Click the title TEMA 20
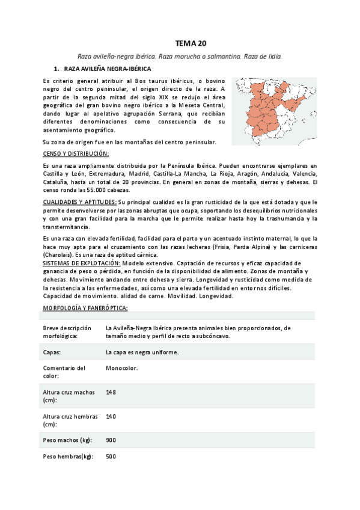[x=191, y=43]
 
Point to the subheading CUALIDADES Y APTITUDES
[x=81, y=202]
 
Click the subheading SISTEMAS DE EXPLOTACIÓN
[x=82, y=263]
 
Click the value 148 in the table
[x=111, y=392]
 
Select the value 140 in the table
[x=111, y=416]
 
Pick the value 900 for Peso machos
[x=111, y=440]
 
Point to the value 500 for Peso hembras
[x=111, y=456]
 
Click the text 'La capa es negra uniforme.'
[x=142, y=352]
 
